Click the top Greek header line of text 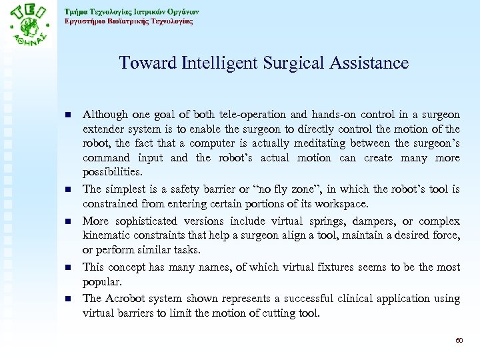click(x=131, y=11)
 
